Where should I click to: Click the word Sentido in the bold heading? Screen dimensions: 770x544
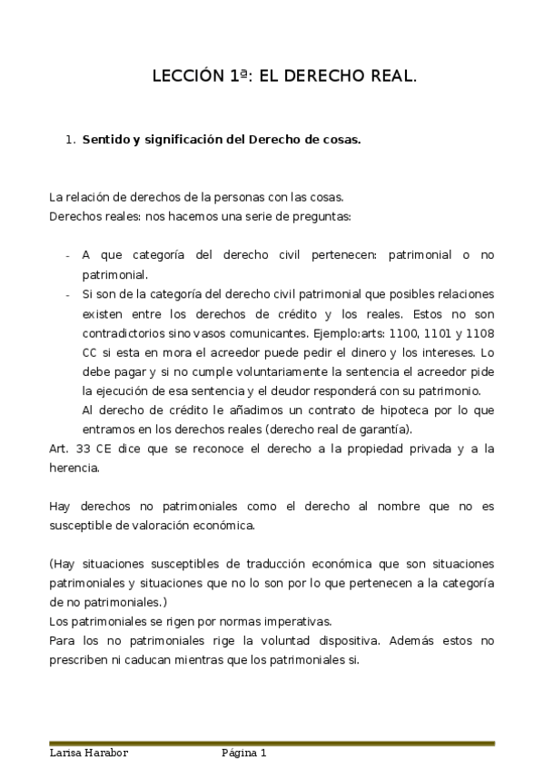(107, 141)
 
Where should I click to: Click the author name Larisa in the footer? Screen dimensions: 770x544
(66, 754)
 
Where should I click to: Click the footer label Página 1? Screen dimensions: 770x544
(243, 754)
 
